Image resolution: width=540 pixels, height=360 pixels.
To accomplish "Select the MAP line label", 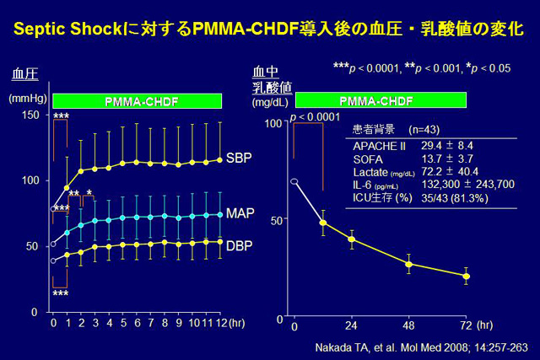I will (240, 213).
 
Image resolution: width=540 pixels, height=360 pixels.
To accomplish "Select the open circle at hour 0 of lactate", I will (294, 181).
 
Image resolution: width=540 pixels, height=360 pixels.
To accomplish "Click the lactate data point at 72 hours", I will (466, 277).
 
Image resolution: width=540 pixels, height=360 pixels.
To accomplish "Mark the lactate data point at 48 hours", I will (408, 264).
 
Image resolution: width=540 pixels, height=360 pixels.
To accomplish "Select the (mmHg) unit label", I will (25, 99).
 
